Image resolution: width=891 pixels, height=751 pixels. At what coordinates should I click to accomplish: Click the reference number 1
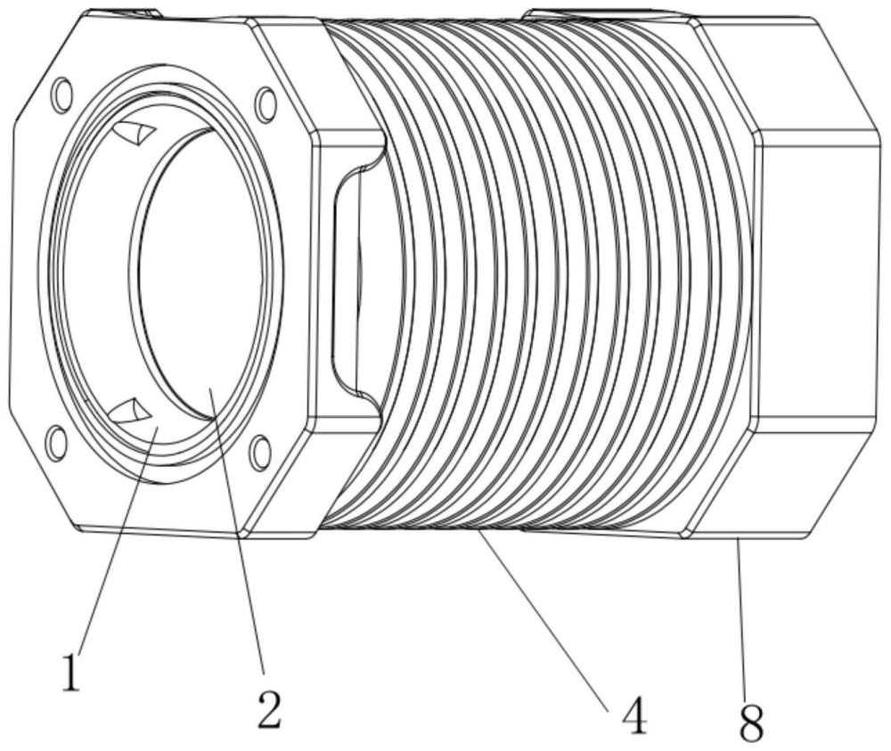click(71, 673)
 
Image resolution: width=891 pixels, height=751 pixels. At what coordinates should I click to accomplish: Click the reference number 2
click(269, 709)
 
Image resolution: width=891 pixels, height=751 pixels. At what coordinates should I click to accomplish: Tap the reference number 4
click(634, 714)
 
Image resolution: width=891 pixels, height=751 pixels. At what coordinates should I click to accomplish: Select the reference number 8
click(751, 722)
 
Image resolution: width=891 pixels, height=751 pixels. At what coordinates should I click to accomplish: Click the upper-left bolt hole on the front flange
click(62, 94)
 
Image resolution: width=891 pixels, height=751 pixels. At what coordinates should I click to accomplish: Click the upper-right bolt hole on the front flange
click(266, 104)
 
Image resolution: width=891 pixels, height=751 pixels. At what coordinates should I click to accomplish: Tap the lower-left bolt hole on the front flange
click(55, 443)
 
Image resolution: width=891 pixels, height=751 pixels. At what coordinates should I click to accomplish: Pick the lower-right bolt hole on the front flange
click(260, 453)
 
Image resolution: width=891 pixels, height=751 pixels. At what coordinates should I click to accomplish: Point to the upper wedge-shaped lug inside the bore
click(135, 133)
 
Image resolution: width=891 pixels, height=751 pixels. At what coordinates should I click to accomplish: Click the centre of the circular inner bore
click(199, 273)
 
